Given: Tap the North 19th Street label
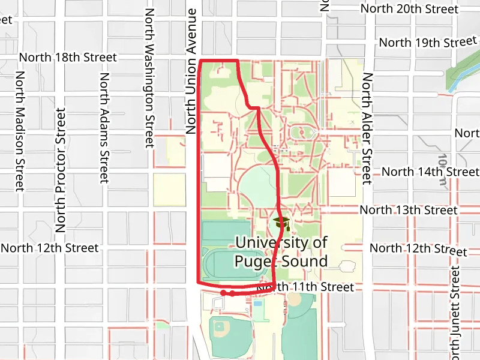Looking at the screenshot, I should point(427,43).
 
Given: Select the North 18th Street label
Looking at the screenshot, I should point(68,58).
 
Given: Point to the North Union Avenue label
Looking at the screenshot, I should point(192,71).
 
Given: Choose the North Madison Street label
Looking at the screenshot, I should point(20,131).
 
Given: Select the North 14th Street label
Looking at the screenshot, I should point(430,172).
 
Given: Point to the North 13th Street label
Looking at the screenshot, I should point(408,210).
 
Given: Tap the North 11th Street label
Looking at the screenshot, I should point(305,287).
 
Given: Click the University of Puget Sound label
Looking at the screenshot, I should point(281,252).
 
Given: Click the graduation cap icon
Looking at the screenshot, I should point(281,224).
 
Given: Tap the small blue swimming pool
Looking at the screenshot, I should point(257,303).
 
